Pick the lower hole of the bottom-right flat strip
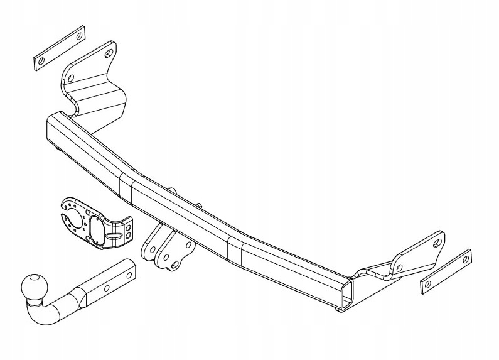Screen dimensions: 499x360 click(x=428, y=285)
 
